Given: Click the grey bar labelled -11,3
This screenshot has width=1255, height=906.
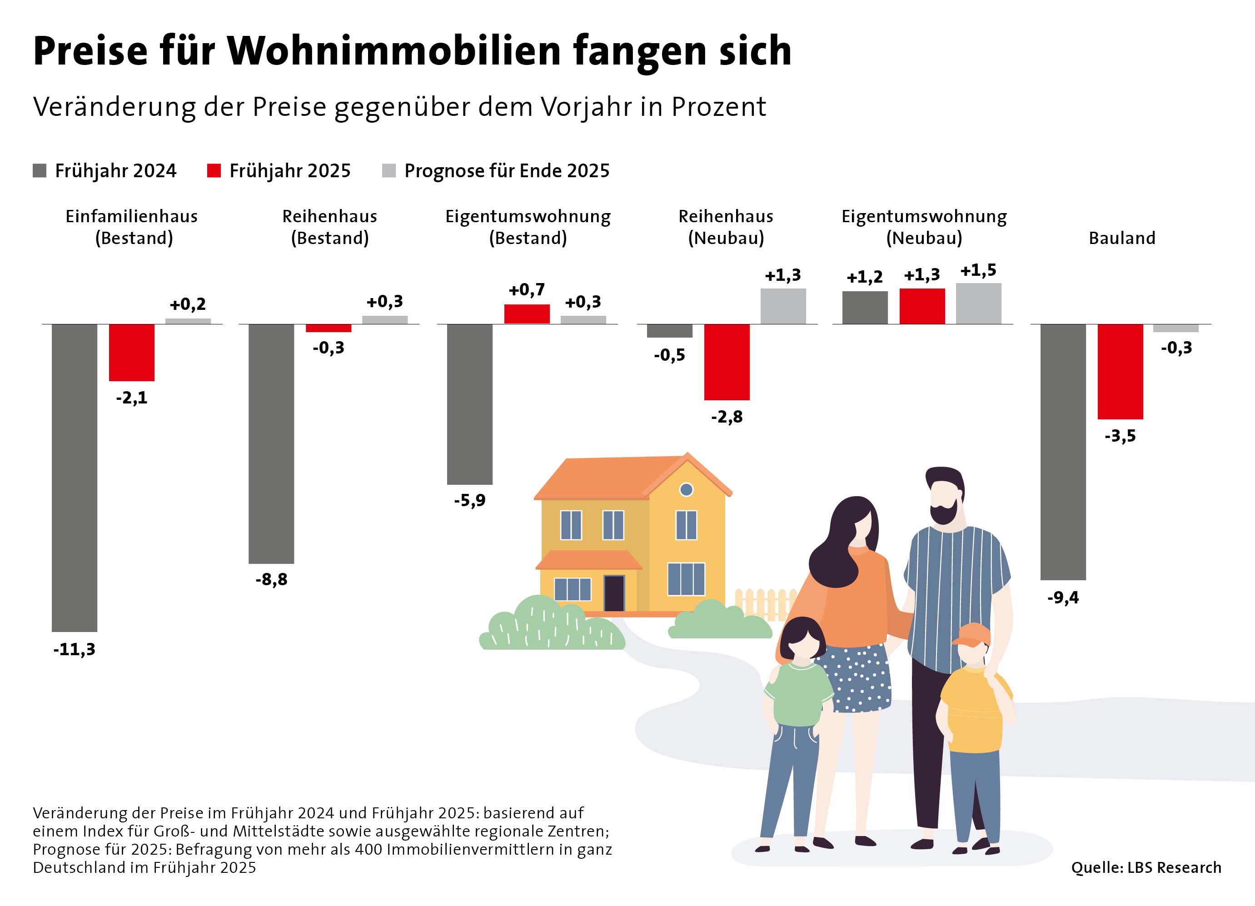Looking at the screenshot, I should [74, 477].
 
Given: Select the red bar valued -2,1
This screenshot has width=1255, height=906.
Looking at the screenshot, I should [132, 352].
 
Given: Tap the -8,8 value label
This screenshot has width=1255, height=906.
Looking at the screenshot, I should [271, 579].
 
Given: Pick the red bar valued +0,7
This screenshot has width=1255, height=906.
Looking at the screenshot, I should [527, 314].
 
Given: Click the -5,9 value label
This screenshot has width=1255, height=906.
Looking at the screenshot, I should [470, 500].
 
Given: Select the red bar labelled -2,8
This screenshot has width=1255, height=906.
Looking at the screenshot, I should [727, 361].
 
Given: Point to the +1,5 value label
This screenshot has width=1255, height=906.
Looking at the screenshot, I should [978, 271].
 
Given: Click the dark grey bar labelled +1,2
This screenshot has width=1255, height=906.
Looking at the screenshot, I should [865, 307].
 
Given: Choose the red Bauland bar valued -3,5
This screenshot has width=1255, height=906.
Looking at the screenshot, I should [1120, 371].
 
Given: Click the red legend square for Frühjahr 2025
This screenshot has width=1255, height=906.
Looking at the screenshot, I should [214, 170].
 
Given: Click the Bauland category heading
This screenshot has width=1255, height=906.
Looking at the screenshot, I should [1122, 238].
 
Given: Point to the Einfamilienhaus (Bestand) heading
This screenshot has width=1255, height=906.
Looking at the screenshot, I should [132, 227].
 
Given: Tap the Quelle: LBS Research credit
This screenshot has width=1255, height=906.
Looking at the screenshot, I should [1146, 867].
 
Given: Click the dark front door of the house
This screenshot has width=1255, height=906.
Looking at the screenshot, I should [614, 593].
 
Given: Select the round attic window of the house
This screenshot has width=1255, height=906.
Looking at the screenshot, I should [686, 489].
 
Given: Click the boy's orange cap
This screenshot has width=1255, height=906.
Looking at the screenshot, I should [972, 635].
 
